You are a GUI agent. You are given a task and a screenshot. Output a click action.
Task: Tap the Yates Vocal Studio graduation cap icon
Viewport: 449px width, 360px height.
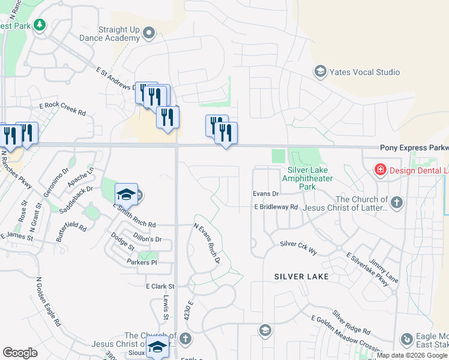pyautogui.click(x=320, y=72)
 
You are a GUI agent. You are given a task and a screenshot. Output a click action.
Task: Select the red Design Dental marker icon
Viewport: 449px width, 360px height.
pyautogui.click(x=379, y=170)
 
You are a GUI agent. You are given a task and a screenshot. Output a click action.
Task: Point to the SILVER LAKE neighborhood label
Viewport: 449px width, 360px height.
pyautogui.click(x=301, y=277)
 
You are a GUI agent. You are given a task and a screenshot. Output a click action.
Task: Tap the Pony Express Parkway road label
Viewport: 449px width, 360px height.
pyautogui.click(x=414, y=148)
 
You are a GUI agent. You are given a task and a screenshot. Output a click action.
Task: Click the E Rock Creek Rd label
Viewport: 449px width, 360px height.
pyautogui.click(x=62, y=109)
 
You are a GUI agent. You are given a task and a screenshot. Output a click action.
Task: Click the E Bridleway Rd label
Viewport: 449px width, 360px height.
pyautogui.click(x=276, y=207)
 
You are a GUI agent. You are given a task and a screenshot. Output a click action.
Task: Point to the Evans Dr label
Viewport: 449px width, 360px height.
pyautogui.click(x=266, y=194)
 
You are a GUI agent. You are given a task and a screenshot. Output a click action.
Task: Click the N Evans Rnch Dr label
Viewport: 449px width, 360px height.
pyautogui.click(x=207, y=244)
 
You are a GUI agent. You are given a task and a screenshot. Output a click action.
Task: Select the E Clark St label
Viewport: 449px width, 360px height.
pyautogui.click(x=160, y=286)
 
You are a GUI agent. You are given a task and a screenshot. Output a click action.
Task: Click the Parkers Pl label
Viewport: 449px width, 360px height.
pyautogui.click(x=142, y=263)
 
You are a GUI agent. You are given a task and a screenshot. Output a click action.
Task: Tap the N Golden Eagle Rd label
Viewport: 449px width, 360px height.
pyautogui.click(x=49, y=301)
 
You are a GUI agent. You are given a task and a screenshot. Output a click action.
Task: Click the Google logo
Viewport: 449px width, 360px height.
pyautogui.click(x=20, y=353)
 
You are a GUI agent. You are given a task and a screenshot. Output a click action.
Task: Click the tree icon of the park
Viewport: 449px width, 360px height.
pyautogui.click(x=39, y=25)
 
